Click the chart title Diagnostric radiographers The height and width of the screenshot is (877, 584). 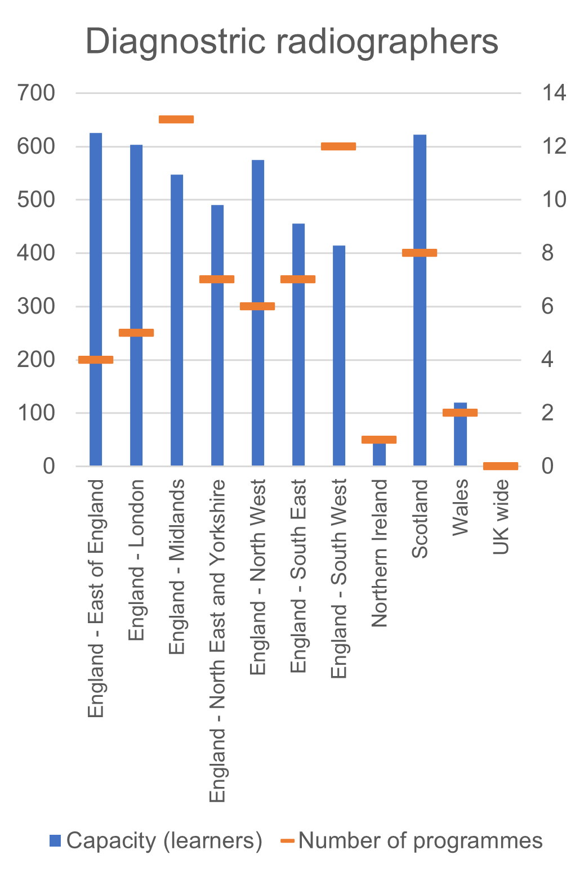point(292,42)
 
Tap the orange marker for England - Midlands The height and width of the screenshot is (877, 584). point(176,119)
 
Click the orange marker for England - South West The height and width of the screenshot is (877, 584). point(338,146)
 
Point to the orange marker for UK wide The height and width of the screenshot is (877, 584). point(501,466)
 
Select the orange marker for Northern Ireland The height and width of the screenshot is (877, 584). point(379,440)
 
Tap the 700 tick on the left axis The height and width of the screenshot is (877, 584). point(36,93)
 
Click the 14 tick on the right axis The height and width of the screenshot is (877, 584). point(554,93)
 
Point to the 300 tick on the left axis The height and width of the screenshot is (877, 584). point(36,306)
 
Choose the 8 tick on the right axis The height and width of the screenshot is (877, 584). point(547,253)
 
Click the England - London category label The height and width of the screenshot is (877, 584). point(136,560)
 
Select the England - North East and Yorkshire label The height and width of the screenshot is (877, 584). point(217,641)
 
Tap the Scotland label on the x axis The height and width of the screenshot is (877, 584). point(420,518)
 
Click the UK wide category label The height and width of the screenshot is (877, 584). point(501,517)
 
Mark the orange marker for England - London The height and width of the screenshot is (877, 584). point(136,333)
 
